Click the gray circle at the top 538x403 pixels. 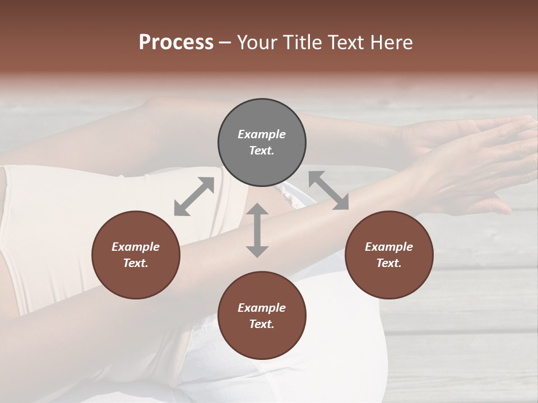(262, 143)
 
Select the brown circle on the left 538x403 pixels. (136, 255)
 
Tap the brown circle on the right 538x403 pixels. (389, 255)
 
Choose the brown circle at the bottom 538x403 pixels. (262, 316)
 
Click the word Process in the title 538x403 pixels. (176, 43)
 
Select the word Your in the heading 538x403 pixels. (257, 43)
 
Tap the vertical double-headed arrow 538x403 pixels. (257, 230)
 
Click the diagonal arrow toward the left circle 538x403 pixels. (194, 196)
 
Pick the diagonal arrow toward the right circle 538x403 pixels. (329, 190)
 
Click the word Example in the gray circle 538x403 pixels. (262, 134)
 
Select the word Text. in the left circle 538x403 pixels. (136, 263)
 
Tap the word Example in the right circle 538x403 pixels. (389, 247)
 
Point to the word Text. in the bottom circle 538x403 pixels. (262, 324)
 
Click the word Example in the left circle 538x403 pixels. (136, 247)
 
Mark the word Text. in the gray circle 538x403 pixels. (262, 151)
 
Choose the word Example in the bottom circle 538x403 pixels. (262, 308)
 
